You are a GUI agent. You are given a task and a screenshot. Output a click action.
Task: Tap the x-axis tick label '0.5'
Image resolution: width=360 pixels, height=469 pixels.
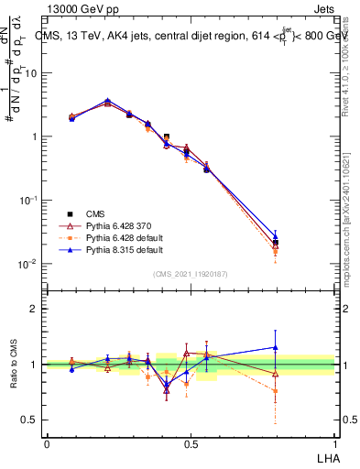click(191, 442)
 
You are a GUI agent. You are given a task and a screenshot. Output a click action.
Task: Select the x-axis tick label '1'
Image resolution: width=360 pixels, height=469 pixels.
click(334, 442)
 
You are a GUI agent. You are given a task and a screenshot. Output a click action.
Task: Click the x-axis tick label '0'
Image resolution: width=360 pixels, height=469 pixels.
click(47, 442)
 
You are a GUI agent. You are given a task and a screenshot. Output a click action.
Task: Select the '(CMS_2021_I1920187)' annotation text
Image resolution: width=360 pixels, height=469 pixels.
click(191, 273)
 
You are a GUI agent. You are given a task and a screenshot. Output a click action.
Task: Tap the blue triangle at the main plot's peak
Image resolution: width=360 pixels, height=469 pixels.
click(107, 101)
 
